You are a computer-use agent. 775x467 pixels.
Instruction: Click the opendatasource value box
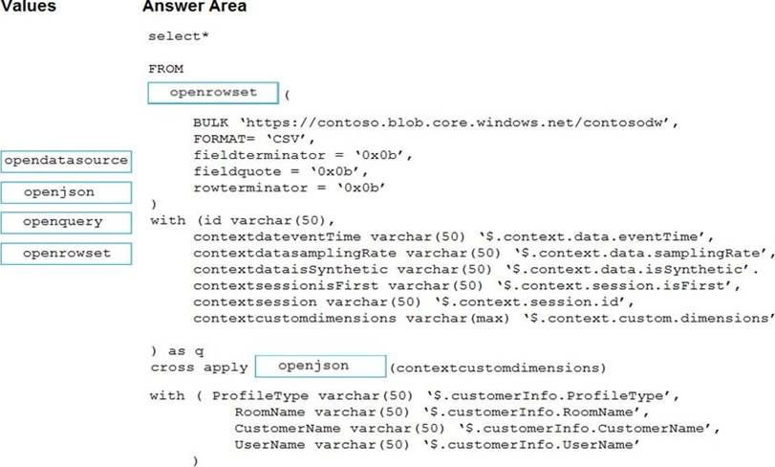tap(66, 162)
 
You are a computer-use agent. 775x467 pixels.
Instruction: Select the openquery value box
tap(66, 223)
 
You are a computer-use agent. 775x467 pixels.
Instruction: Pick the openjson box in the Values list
tap(66, 192)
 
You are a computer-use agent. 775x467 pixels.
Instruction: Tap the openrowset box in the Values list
tap(66, 254)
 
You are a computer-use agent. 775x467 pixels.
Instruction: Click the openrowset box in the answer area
tap(213, 93)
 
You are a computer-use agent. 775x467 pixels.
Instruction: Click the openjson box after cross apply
tap(320, 367)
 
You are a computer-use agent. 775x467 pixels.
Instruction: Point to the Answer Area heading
tap(194, 7)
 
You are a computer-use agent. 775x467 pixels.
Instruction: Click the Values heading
tap(28, 6)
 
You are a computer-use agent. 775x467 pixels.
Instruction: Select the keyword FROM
tap(166, 69)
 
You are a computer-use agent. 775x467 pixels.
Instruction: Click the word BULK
tap(210, 122)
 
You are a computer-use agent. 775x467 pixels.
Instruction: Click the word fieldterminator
tap(260, 155)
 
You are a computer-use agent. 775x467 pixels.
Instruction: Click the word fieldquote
tap(237, 171)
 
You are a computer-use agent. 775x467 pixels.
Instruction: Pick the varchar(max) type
tap(457, 318)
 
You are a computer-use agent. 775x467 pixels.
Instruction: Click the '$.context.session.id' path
tap(534, 301)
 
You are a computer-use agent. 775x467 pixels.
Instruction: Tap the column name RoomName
tap(269, 412)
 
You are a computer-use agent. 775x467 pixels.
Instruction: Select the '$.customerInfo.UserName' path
tap(530, 444)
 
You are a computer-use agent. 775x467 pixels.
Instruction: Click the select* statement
tap(179, 36)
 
